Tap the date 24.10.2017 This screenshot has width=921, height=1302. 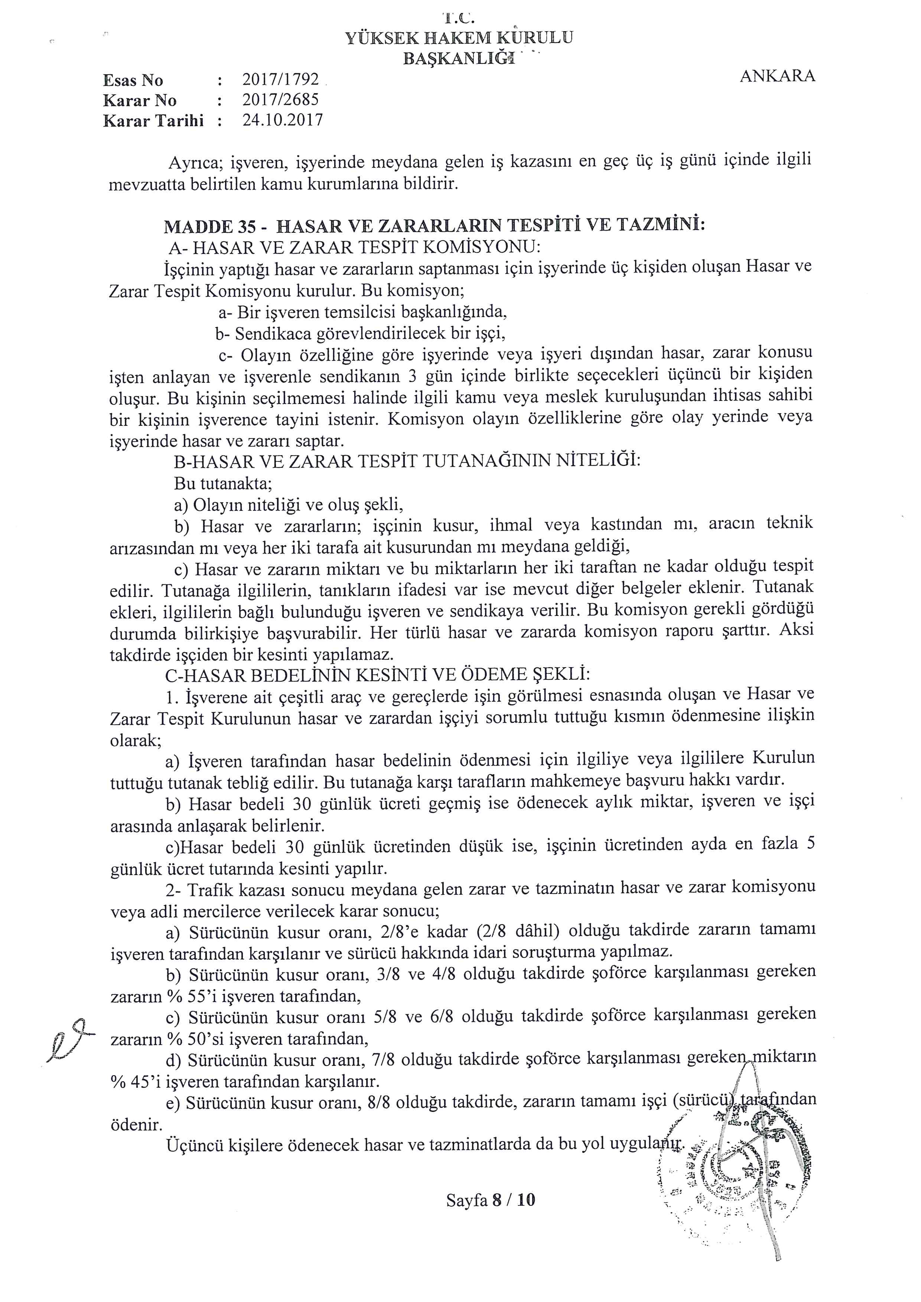tap(282, 120)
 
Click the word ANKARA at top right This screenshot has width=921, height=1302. tap(777, 76)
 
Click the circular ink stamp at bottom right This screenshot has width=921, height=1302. tap(737, 1171)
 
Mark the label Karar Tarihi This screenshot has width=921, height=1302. tap(153, 121)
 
